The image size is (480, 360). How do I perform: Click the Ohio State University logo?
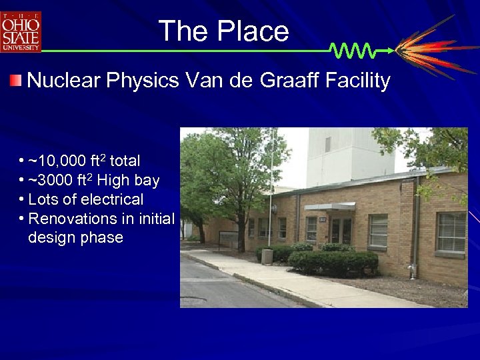[x=21, y=31]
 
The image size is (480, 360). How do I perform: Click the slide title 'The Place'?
[x=223, y=31]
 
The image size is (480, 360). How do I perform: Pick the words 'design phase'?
[x=75, y=237]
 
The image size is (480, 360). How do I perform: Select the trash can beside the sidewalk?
[x=267, y=256]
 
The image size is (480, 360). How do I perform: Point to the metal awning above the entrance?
[x=329, y=207]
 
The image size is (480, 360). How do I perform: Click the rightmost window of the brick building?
[x=451, y=232]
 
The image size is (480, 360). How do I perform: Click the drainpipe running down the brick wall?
[x=414, y=227]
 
